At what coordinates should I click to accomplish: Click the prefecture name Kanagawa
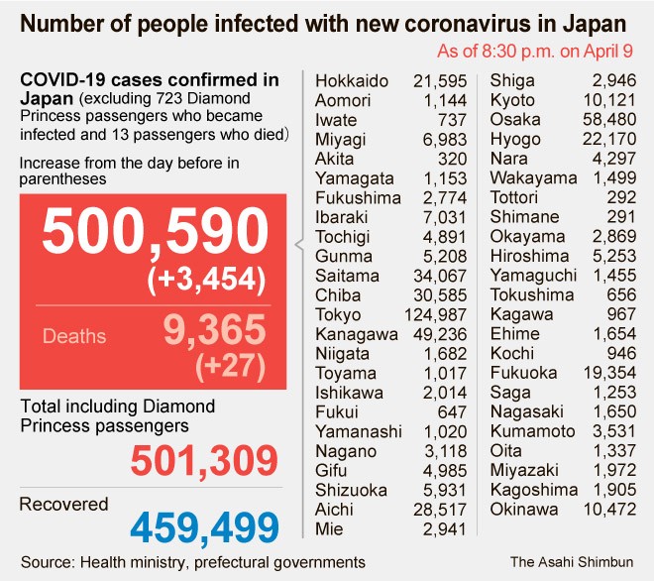354,334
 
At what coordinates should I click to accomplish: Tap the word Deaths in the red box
73,336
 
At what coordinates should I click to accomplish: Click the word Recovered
64,504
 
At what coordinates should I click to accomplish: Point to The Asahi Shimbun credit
572,561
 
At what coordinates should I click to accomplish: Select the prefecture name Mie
330,528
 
